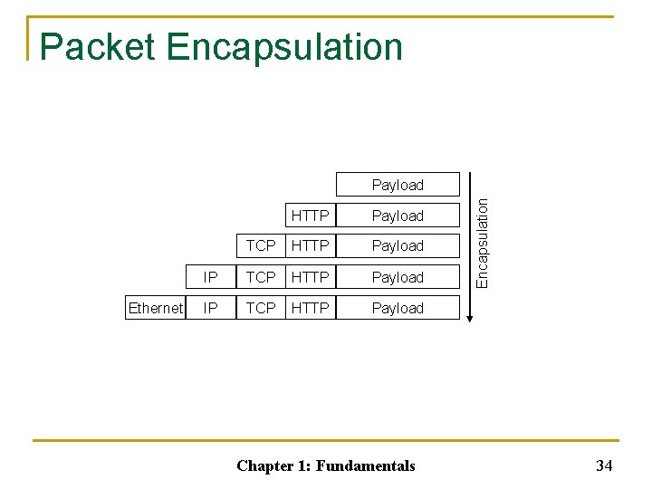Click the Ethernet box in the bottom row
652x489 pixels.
point(156,308)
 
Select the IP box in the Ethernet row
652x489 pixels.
point(211,308)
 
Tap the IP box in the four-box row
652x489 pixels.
point(211,277)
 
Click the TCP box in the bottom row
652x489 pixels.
point(261,308)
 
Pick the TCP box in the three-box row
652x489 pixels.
point(261,245)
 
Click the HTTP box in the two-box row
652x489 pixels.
point(311,216)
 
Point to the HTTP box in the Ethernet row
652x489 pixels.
point(311,308)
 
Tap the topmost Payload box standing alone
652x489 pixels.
point(398,185)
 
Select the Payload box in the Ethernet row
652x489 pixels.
point(398,308)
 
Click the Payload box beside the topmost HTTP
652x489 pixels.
point(398,216)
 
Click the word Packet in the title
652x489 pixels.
point(98,47)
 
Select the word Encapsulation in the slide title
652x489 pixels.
point(285,47)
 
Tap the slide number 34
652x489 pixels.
point(604,465)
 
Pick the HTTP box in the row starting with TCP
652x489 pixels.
point(311,245)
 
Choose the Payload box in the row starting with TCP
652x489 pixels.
point(398,245)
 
